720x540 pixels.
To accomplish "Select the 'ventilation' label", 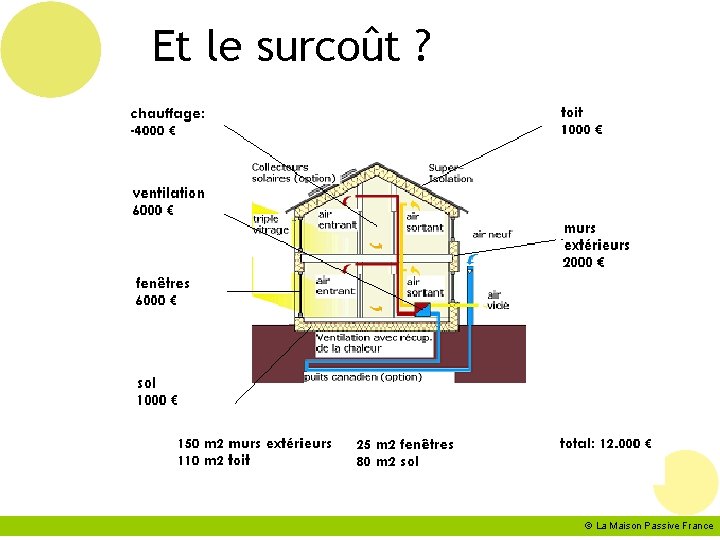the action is click(168, 193).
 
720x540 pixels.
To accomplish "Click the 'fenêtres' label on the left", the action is click(162, 283).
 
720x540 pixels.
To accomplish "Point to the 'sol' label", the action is click(146, 383).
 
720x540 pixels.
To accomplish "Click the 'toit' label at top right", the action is click(572, 112).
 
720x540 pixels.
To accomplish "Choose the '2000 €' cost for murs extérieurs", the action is click(584, 263).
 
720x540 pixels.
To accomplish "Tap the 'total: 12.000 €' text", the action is click(606, 443).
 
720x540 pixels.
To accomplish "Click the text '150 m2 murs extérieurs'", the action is click(254, 443).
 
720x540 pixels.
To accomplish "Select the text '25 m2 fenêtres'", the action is click(405, 444).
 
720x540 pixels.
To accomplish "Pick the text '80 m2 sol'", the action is click(388, 462).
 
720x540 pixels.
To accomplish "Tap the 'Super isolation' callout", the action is click(450, 173).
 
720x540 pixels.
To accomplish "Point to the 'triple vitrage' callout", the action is click(270, 224).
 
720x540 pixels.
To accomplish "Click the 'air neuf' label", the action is click(492, 234).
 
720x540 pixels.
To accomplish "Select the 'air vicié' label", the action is click(497, 300).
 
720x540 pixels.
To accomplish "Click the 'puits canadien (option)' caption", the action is click(363, 377).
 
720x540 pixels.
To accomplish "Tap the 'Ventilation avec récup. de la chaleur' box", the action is click(374, 343).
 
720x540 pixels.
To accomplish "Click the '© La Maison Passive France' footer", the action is click(650, 526).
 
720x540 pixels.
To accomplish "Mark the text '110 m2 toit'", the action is click(214, 461).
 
